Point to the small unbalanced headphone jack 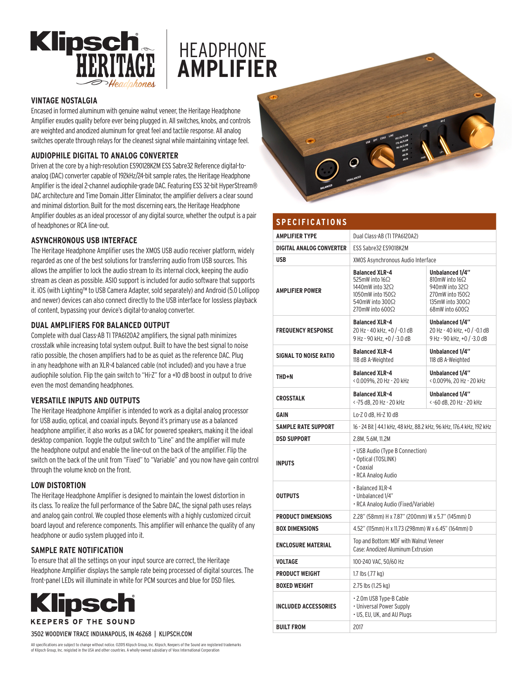[353, 163]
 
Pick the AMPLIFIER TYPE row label [296, 236]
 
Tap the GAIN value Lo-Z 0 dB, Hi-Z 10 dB [375, 415]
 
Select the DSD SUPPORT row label [293, 439]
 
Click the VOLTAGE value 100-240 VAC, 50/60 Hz [378, 562]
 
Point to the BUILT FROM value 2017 [358, 627]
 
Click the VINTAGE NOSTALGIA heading [64, 101]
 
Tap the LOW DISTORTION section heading [58, 485]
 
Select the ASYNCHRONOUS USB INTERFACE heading [84, 240]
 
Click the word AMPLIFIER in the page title [227, 69]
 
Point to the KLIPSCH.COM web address [175, 634]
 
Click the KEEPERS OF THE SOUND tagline [83, 622]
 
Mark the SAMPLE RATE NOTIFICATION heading [77, 550]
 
